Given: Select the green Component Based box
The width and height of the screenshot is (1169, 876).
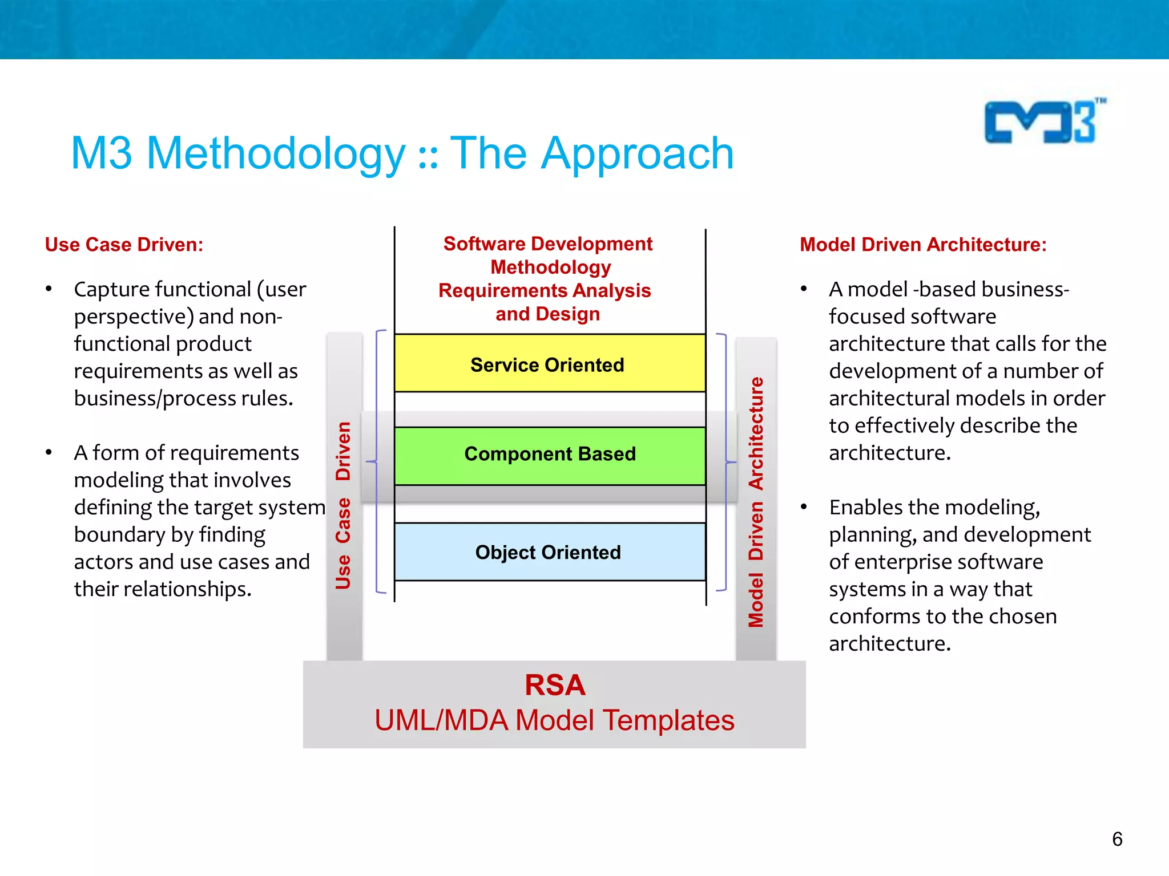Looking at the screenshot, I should click(x=549, y=456).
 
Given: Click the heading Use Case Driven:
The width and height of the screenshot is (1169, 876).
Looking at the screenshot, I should click(x=124, y=245).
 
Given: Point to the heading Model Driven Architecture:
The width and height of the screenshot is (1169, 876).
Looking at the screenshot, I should click(x=922, y=245).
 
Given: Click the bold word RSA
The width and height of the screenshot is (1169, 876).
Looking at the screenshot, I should click(x=555, y=685).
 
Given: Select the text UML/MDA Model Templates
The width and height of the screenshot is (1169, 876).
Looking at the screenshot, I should click(x=554, y=720).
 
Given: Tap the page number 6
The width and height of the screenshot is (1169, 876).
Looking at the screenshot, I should click(x=1117, y=839).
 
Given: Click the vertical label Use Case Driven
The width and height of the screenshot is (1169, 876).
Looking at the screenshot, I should click(x=343, y=505).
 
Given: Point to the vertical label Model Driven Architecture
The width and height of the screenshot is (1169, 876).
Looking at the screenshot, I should click(x=756, y=502).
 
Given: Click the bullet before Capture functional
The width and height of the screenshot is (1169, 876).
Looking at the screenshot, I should click(x=49, y=289).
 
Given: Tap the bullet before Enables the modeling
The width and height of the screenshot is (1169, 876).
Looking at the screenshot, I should click(x=804, y=507).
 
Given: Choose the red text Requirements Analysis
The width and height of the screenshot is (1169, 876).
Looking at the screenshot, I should click(x=545, y=290).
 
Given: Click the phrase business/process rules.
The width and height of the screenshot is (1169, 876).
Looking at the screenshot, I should click(x=183, y=398).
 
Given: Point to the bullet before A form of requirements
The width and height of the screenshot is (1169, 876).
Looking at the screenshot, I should click(x=49, y=453).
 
